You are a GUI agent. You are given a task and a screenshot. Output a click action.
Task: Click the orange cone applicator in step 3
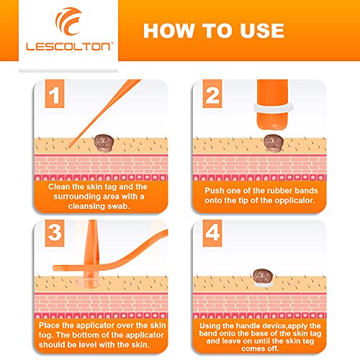[95, 248]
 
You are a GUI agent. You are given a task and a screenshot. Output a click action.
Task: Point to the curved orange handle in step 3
[140, 256]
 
